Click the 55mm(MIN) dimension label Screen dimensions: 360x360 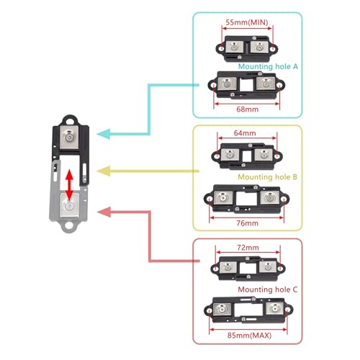(x=247, y=22)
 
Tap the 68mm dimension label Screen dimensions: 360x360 (x=248, y=109)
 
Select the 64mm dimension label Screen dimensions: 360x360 (x=245, y=133)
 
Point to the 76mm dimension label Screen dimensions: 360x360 (x=248, y=223)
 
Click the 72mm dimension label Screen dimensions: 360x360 (x=248, y=248)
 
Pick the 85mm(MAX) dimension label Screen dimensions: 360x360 (x=249, y=336)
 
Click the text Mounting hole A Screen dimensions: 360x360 (x=268, y=66)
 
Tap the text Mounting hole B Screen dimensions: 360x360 (x=267, y=177)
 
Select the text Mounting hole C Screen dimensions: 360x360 (x=268, y=289)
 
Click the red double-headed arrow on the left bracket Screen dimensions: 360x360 (x=69, y=185)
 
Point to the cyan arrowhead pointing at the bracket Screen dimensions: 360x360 (x=104, y=134)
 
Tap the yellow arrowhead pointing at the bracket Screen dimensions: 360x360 (x=104, y=171)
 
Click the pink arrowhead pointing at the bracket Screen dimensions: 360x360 (x=104, y=212)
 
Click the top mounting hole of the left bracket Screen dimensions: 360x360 (x=70, y=121)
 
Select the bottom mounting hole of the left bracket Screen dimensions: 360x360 (x=68, y=225)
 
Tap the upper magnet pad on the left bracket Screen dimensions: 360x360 (x=69, y=138)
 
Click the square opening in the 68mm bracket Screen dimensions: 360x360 (x=246, y=84)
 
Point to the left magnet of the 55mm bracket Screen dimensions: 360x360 (x=235, y=47)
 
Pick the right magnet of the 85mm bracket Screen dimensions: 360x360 (x=275, y=308)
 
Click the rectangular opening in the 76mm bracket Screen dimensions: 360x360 (x=246, y=199)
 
